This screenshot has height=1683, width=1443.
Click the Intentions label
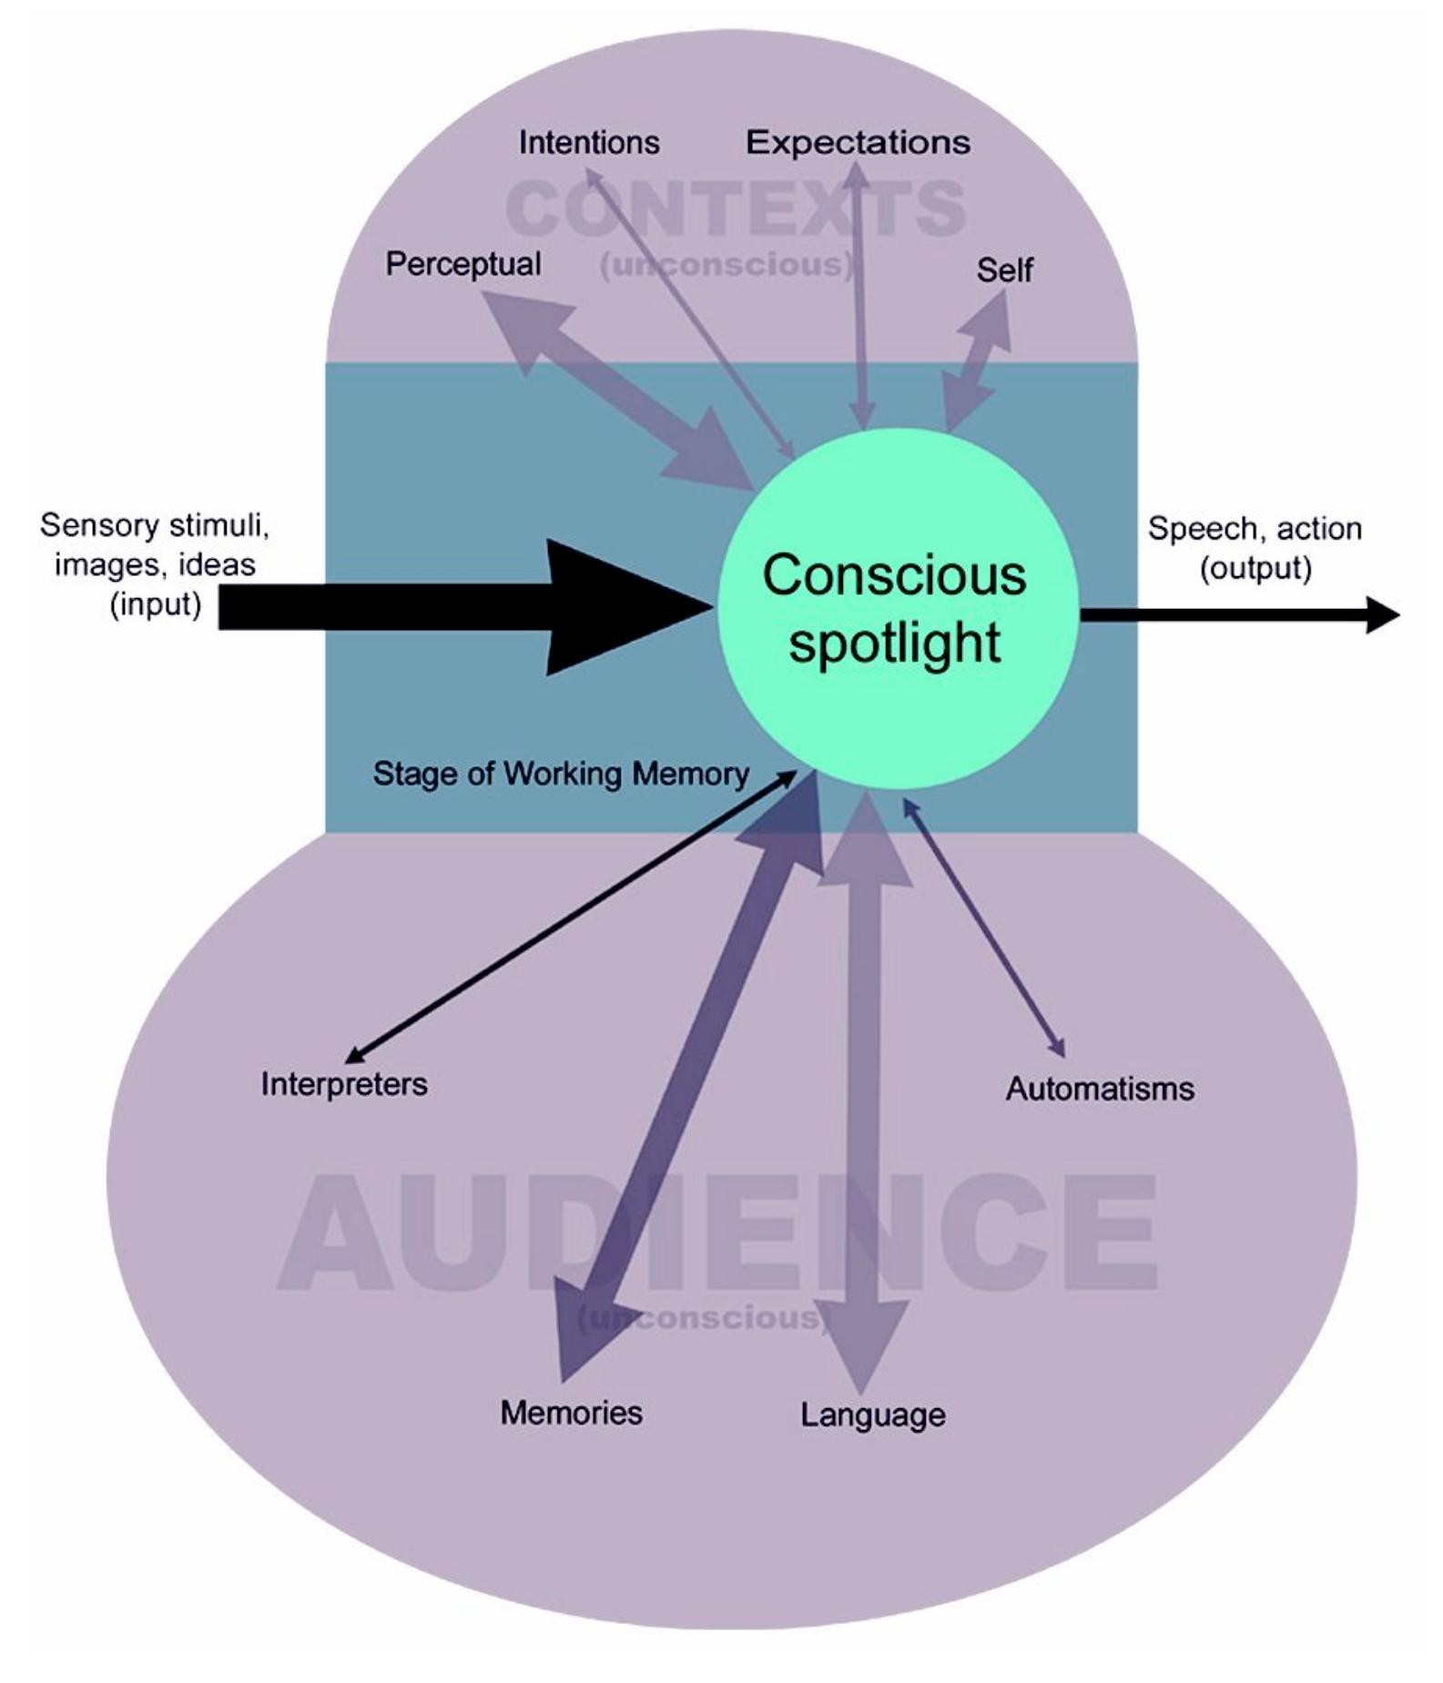click(589, 143)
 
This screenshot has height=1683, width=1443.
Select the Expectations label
click(858, 143)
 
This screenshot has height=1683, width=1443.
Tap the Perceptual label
click(463, 264)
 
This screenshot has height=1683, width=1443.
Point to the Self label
click(1004, 270)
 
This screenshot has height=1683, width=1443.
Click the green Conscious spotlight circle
click(897, 608)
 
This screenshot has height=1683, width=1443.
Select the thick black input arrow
click(455, 607)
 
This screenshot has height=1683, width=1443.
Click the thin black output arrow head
click(1382, 614)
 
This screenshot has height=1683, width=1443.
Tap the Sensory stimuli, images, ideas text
click(155, 564)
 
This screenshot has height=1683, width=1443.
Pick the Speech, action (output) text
click(1255, 547)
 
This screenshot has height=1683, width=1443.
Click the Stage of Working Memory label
click(561, 774)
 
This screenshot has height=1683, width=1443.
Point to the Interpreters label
click(344, 1084)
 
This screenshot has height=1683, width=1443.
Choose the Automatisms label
click(1100, 1089)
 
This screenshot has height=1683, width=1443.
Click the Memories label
click(571, 1413)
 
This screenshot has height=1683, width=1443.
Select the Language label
click(873, 1414)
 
